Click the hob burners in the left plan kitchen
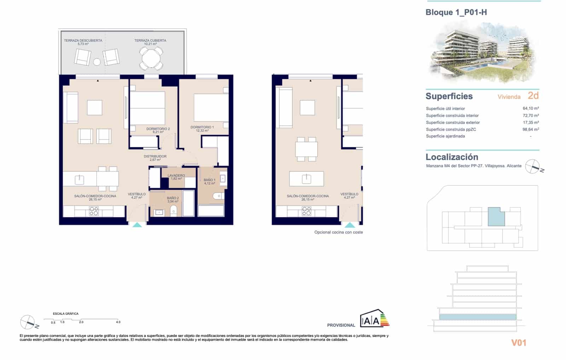94,211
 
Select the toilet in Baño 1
217,196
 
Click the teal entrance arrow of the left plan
137,224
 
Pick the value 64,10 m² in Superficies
531,109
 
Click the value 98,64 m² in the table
531,130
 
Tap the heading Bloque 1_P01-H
456,12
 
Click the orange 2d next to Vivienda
533,96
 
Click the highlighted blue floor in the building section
478,317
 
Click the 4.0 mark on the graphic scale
118,322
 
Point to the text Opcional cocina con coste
339,232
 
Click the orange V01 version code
519,343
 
